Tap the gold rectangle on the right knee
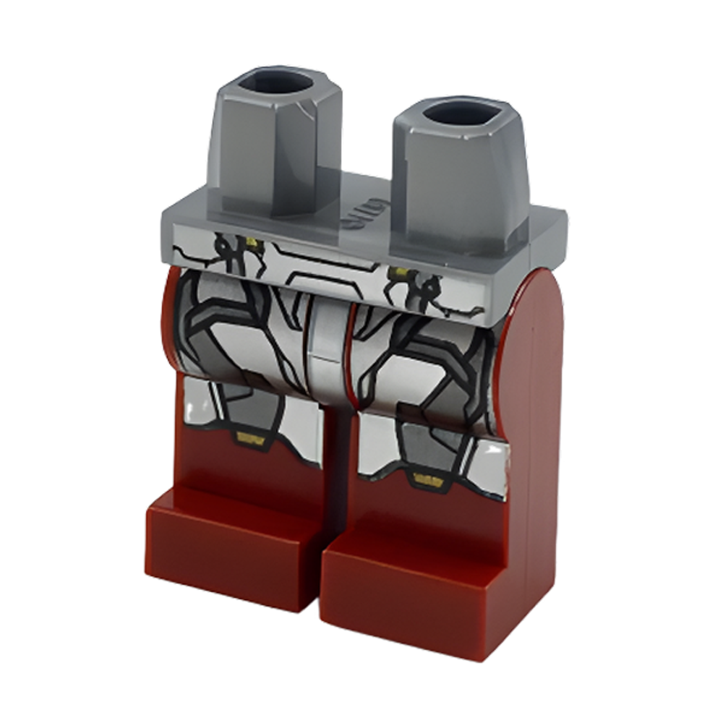pos(428,478)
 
